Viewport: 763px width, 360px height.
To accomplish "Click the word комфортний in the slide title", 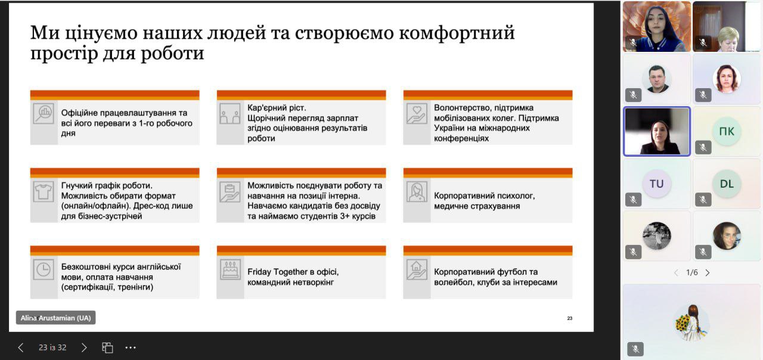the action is click(x=457, y=33).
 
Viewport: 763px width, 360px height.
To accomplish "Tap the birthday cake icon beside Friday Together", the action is click(x=230, y=269).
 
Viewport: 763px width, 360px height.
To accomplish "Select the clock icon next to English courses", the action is click(x=44, y=269).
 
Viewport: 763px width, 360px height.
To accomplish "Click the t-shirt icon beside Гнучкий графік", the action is click(x=44, y=192).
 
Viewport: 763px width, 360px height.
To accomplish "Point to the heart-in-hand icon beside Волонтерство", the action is click(x=417, y=114).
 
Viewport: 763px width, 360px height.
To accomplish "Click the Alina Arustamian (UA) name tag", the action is click(x=55, y=318).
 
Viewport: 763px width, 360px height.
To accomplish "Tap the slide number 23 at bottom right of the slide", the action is click(x=569, y=318).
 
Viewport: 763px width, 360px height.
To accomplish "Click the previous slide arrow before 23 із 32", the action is click(x=21, y=347).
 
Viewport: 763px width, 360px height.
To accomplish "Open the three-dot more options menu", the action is click(x=131, y=347).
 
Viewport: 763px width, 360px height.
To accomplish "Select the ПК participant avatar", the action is click(x=727, y=132).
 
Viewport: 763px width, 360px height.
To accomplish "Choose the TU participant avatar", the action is click(x=656, y=184).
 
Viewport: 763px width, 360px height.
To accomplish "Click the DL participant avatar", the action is click(x=727, y=184).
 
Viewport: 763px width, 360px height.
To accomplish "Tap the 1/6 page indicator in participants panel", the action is click(x=692, y=272).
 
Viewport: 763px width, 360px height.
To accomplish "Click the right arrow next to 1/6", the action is click(x=708, y=272).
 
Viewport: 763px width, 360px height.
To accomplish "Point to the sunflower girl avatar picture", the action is click(x=691, y=322).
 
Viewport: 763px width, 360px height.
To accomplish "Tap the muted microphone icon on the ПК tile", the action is click(x=703, y=147).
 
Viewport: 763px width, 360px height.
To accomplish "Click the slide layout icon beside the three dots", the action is click(x=107, y=347).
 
